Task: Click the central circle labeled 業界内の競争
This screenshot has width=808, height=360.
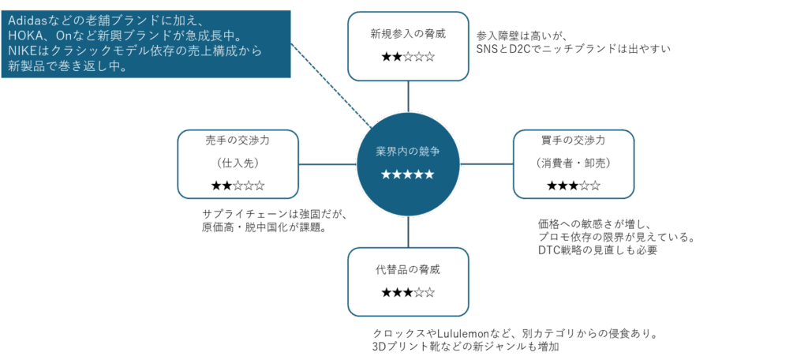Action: coord(408,150)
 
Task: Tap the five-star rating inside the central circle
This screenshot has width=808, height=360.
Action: coord(408,174)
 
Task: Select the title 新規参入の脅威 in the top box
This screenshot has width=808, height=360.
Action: coord(408,34)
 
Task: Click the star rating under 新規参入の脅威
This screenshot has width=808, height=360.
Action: coord(408,58)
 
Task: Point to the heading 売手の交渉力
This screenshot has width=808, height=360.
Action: coord(238,141)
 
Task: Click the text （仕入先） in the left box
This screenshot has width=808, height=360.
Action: coord(238,163)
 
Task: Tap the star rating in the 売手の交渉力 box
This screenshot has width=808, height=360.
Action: coord(238,186)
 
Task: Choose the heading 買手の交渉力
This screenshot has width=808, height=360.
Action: coord(574,141)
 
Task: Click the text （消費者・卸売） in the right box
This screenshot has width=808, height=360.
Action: coord(574,163)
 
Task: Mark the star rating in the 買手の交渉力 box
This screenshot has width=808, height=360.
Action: coord(574,186)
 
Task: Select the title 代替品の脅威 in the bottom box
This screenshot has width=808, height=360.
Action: coord(408,269)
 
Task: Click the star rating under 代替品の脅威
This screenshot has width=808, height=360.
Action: coord(408,293)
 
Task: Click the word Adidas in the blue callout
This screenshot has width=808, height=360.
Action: coord(26,20)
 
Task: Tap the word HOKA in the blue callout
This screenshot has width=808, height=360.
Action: coord(25,36)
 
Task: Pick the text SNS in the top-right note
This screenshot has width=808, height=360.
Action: coord(488,48)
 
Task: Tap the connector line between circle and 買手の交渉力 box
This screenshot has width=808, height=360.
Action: coord(487,164)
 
